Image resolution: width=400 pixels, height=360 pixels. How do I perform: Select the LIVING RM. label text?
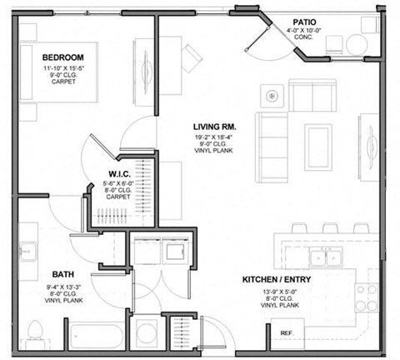tap(212, 126)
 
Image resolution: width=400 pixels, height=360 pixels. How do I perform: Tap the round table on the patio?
tap(357, 43)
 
